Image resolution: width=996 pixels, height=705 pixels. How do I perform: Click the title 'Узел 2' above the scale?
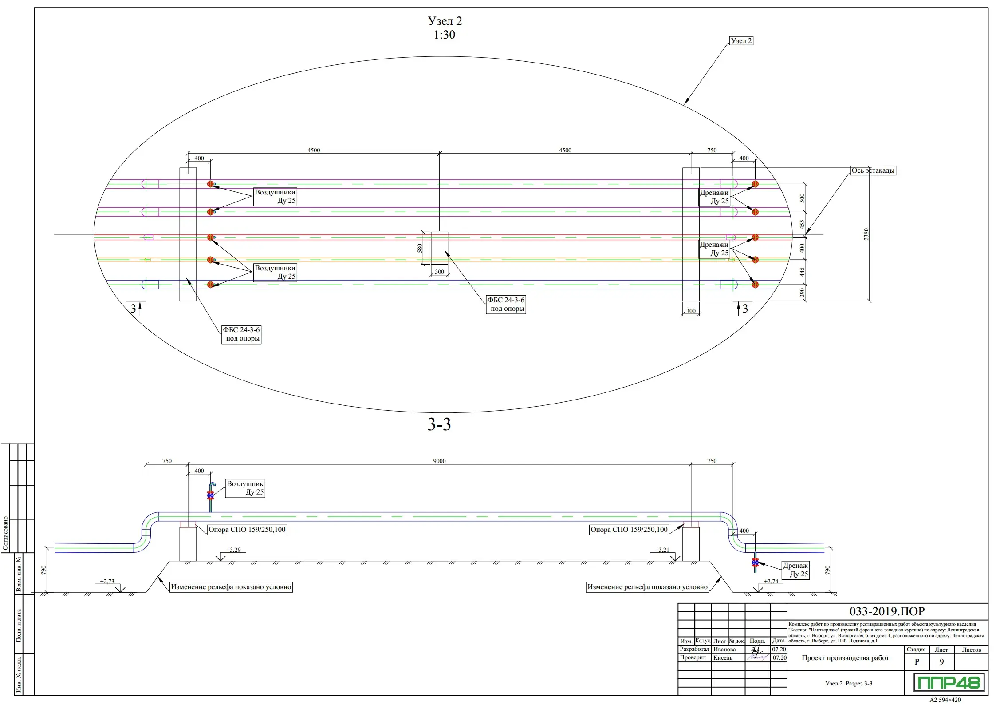pyautogui.click(x=445, y=21)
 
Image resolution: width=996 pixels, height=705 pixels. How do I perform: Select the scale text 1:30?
pyautogui.click(x=444, y=35)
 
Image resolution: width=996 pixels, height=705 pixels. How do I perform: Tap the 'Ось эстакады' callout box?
pyautogui.click(x=873, y=170)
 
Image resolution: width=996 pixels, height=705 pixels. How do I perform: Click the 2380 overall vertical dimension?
pyautogui.click(x=866, y=234)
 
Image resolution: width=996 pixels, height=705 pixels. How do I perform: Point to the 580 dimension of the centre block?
pyautogui.click(x=420, y=248)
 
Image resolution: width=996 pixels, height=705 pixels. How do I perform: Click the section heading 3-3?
pyautogui.click(x=439, y=425)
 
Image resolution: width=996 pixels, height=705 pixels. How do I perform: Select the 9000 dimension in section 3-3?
pyautogui.click(x=439, y=461)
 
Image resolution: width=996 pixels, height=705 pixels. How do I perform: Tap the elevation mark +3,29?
pyautogui.click(x=233, y=550)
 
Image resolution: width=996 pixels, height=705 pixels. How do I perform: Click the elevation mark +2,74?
pyautogui.click(x=771, y=581)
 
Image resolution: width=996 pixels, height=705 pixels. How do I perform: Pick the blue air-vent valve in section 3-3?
pyautogui.click(x=210, y=495)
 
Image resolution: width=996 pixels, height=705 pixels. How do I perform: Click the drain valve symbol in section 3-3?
pyautogui.click(x=755, y=562)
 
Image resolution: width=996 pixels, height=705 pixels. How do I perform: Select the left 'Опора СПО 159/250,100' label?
pyautogui.click(x=247, y=530)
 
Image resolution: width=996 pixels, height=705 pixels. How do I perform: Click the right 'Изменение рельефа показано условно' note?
pyautogui.click(x=647, y=587)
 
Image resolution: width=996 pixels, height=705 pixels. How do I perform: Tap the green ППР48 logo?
pyautogui.click(x=949, y=682)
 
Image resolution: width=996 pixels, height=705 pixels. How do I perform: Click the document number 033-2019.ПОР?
pyautogui.click(x=887, y=611)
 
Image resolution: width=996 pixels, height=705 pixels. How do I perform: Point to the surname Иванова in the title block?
pyautogui.click(x=724, y=650)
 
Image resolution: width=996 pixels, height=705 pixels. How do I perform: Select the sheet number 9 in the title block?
pyautogui.click(x=941, y=661)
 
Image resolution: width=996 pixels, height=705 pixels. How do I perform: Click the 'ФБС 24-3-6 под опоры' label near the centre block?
pyautogui.click(x=506, y=305)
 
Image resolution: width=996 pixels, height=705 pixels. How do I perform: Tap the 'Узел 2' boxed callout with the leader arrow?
pyautogui.click(x=741, y=41)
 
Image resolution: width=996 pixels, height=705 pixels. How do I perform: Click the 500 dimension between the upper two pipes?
pyautogui.click(x=802, y=198)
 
